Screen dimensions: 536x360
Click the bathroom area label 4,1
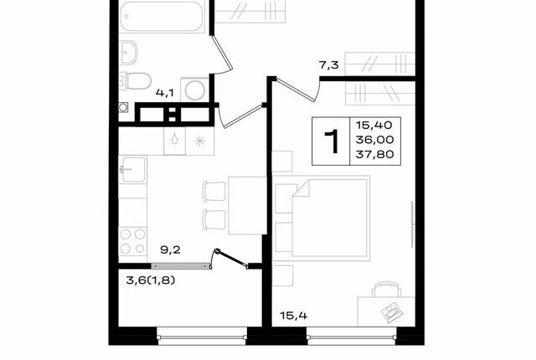coord(165,93)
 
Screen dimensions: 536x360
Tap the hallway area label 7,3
coord(329,65)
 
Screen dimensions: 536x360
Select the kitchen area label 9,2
coord(170,250)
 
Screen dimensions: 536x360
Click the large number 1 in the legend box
coord(331,141)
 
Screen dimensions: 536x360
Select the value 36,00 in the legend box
coord(374,140)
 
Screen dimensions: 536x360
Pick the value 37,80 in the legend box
coord(374,154)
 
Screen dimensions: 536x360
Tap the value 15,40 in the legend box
coord(374,125)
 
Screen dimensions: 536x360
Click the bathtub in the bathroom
coord(162,17)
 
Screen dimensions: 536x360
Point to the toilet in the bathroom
coord(136,81)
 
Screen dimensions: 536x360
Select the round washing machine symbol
coord(194,90)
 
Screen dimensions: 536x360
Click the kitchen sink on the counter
coord(132,169)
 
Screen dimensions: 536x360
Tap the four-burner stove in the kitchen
coord(132,241)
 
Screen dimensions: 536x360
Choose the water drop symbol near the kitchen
coord(175,140)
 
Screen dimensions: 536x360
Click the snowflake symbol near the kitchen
coord(199,141)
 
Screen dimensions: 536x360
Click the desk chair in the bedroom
coord(387,289)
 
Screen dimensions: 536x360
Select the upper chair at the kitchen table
coord(214,191)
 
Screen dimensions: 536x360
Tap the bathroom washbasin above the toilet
coord(129,52)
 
